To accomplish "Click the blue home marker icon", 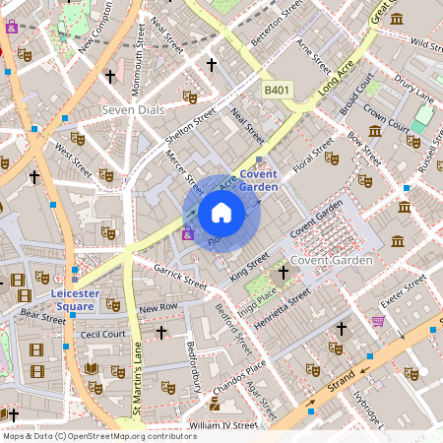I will [221, 213].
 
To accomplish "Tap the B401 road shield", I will [278, 90].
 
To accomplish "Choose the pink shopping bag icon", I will [378, 321].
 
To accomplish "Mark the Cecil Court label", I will [103, 334].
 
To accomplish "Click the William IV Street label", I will [222, 425].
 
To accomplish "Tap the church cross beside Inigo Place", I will [284, 272].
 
